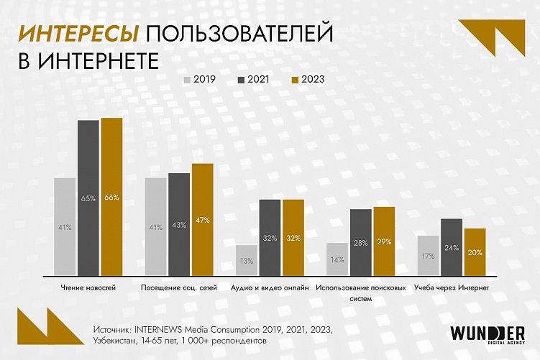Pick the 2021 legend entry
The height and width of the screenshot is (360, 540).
click(x=255, y=80)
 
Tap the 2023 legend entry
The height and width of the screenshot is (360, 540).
click(x=308, y=80)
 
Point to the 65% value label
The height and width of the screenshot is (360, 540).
click(x=88, y=198)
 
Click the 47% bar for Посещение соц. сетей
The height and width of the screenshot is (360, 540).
click(x=203, y=219)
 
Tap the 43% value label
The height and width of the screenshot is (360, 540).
click(x=179, y=225)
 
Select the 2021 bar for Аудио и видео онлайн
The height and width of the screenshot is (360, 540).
click(x=270, y=237)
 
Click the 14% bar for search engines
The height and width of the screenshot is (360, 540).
click(x=338, y=259)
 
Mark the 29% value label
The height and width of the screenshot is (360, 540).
click(x=384, y=242)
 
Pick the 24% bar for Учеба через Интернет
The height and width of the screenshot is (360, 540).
click(x=452, y=246)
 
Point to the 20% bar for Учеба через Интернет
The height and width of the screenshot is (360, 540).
click(x=475, y=251)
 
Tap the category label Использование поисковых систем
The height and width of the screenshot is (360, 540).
click(x=362, y=292)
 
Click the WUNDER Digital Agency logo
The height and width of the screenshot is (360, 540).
click(x=487, y=335)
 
